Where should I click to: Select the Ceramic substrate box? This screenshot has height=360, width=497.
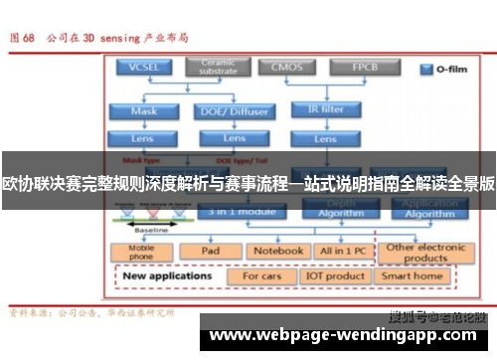tap(218, 68)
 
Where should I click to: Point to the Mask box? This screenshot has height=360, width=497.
tap(145, 110)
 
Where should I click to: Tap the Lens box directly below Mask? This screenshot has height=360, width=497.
tap(145, 137)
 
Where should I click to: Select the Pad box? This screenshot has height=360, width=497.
tap(210, 252)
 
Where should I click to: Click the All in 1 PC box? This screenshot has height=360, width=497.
tap(341, 252)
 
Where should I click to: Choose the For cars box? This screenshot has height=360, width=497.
tap(261, 274)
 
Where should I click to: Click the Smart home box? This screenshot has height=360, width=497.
tap(412, 274)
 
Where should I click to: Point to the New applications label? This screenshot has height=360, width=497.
tap(166, 274)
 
